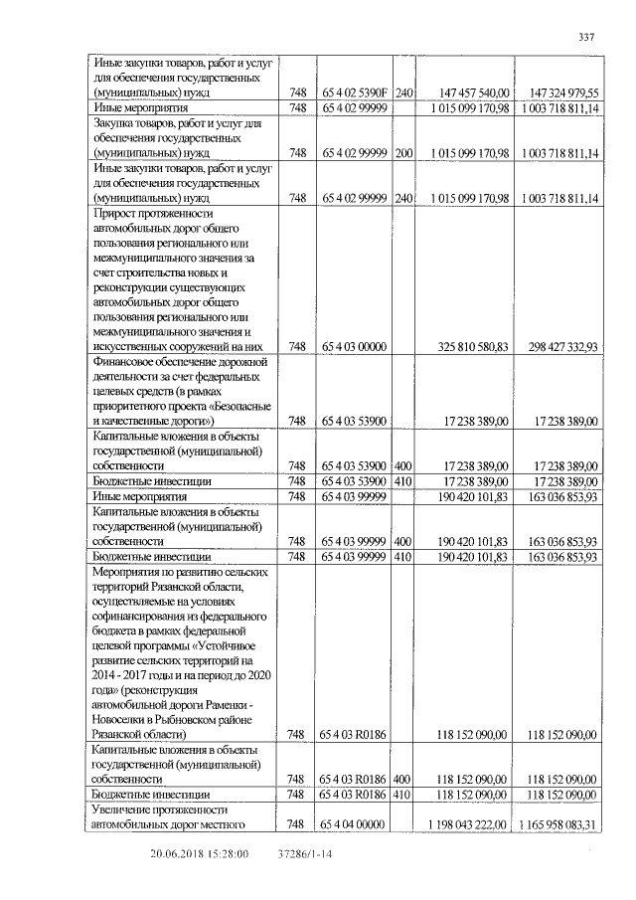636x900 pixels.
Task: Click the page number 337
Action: click(585, 38)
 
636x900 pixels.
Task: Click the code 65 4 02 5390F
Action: click(353, 91)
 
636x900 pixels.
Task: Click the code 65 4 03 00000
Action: click(353, 346)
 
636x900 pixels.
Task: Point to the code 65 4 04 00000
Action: click(353, 824)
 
